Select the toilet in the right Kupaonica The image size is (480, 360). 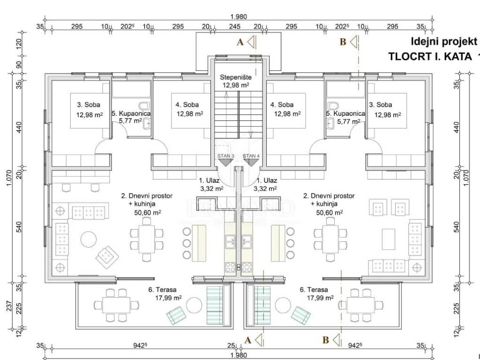[333, 105]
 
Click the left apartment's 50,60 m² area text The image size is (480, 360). [148, 212]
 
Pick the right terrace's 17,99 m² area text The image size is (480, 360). [320, 298]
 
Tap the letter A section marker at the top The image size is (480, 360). [240, 42]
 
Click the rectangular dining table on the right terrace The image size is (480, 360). [360, 305]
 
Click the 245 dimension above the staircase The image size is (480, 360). [235, 27]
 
